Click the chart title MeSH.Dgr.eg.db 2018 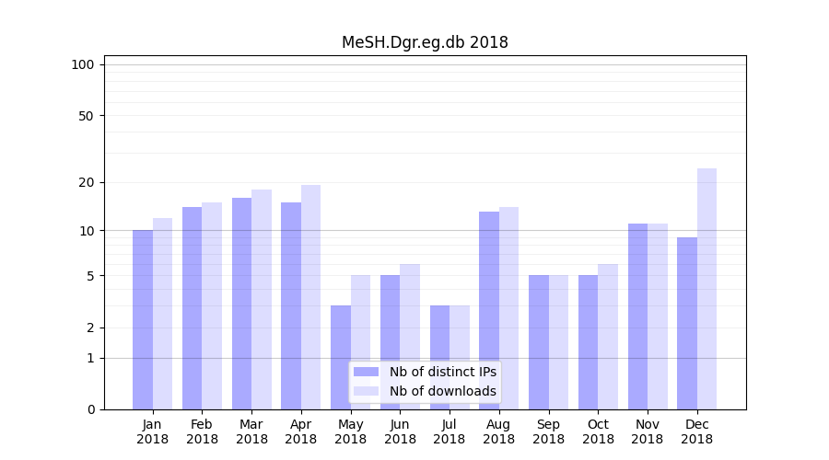pos(425,42)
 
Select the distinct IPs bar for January pos(143,319)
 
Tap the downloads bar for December pos(706,289)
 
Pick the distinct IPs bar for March pos(241,304)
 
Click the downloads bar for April pos(310,297)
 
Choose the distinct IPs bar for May pos(341,357)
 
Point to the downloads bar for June pos(410,337)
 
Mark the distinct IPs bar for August pos(489,310)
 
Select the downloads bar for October pos(608,337)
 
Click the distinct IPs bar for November pos(637,316)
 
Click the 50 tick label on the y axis pos(87,116)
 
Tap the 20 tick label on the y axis pos(87,182)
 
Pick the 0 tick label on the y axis pos(90,409)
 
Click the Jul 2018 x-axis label pos(450,431)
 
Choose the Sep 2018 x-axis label pos(548,431)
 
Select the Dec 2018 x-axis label pos(696,431)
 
